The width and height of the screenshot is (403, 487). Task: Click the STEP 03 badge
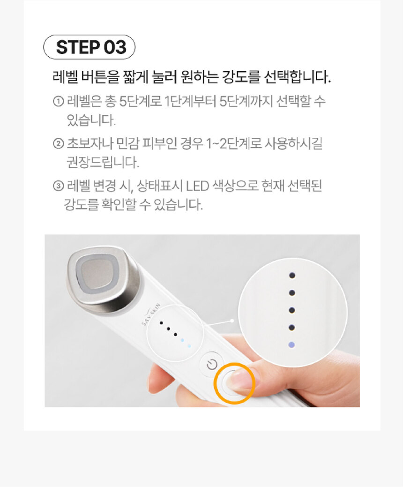click(x=90, y=47)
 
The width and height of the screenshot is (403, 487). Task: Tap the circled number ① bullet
click(x=59, y=101)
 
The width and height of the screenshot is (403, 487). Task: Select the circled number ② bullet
click(x=59, y=143)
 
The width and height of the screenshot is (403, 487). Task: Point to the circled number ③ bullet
click(x=59, y=186)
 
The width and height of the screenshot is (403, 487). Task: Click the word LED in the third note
click(x=197, y=186)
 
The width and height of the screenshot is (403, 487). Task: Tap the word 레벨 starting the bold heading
click(x=65, y=76)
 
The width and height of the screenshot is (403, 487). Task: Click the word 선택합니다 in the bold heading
click(x=298, y=76)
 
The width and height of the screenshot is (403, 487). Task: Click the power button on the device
click(x=212, y=364)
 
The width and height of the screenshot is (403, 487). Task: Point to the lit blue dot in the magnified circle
click(x=291, y=345)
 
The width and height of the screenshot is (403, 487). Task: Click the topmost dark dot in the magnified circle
click(x=292, y=275)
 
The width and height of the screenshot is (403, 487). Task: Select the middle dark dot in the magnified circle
click(x=292, y=310)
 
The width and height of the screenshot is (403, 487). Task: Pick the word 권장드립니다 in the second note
click(x=103, y=162)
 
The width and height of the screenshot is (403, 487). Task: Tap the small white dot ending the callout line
click(x=232, y=321)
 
